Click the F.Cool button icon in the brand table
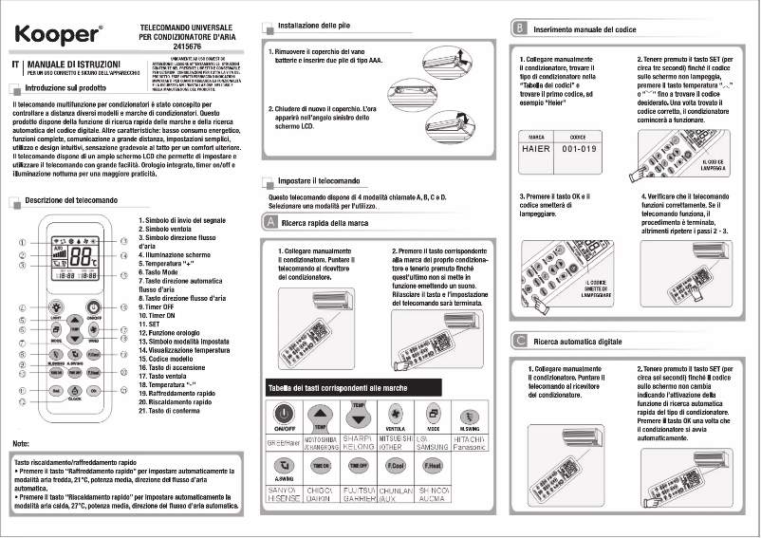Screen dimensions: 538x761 (x=396, y=467)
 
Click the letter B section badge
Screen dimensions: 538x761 (x=519, y=30)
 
